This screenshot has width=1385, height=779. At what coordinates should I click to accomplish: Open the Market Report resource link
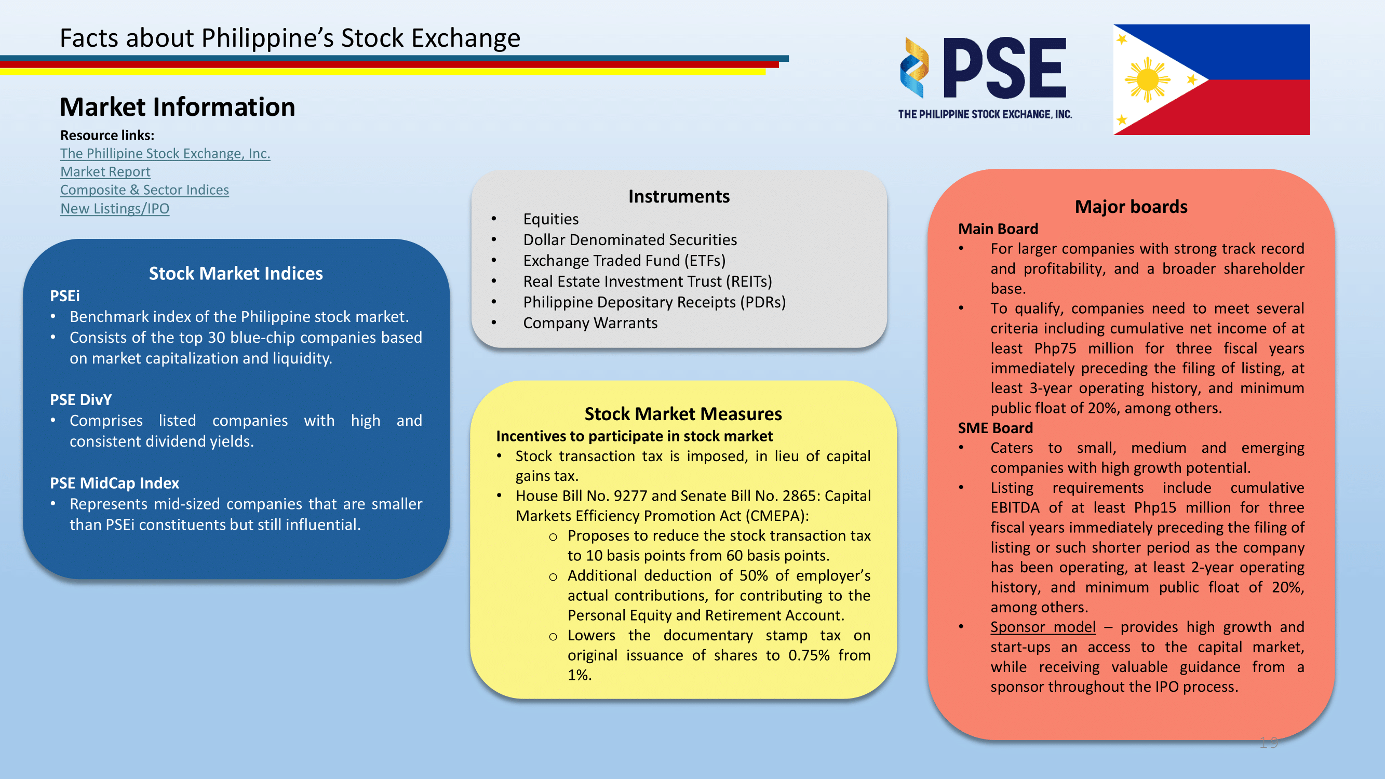point(105,171)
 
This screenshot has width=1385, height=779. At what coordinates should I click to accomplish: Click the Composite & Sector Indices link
point(145,190)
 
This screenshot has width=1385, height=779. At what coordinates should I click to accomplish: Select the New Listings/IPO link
point(115,209)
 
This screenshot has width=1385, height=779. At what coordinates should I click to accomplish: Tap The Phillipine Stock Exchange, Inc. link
point(165,153)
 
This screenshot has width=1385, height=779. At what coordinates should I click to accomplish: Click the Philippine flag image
point(1212,79)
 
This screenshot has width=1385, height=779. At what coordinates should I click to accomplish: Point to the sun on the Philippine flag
point(1147,79)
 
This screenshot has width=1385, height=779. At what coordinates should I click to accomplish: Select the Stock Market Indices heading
point(236,273)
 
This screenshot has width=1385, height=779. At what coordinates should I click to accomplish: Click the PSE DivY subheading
point(80,399)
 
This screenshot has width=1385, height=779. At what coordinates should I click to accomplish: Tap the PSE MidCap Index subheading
point(115,483)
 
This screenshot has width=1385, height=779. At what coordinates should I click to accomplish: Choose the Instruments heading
point(679,196)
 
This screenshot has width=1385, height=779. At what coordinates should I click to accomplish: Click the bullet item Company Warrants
point(590,323)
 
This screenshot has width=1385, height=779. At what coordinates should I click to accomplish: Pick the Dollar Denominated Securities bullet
point(630,239)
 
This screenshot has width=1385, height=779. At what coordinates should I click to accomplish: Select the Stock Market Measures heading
point(683,413)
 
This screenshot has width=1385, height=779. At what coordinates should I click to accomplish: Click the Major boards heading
point(1131,207)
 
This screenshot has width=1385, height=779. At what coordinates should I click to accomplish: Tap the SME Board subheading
point(995,428)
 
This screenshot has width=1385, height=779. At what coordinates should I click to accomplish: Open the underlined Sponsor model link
point(1043,627)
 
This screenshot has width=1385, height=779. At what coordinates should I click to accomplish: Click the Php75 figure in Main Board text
point(1055,348)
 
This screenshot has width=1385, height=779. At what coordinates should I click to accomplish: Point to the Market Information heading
point(178,106)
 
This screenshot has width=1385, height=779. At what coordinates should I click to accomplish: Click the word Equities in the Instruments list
point(551,219)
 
